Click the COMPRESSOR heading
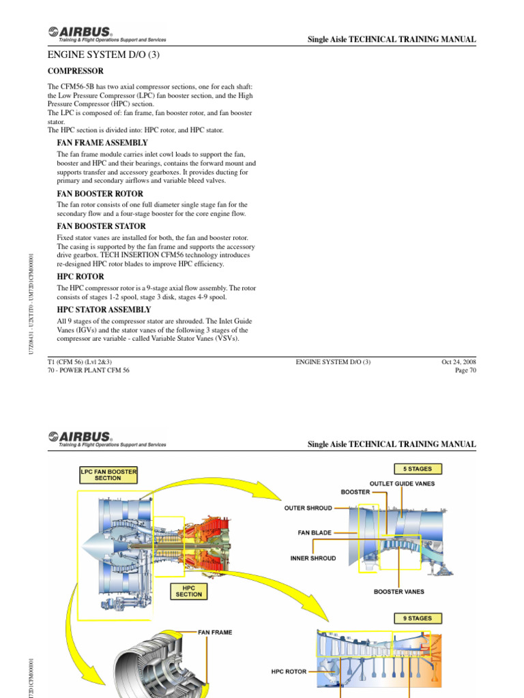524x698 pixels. coord(75,71)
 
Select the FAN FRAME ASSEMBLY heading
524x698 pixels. coord(102,142)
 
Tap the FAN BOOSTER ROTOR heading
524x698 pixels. coord(99,194)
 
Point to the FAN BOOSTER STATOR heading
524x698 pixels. coord(100,226)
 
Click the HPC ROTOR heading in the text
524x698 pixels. coord(80,277)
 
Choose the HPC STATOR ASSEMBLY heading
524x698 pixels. coord(103,309)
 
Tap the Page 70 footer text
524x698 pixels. coord(465,370)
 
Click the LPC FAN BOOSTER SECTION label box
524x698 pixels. coord(108,474)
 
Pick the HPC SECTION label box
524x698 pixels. coord(189,591)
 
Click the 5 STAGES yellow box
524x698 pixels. coord(417,469)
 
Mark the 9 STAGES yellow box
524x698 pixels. coord(417,618)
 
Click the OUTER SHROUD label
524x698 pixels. coord(308,508)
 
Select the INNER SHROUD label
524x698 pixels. coord(313,558)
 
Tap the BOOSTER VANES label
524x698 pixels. coord(399,592)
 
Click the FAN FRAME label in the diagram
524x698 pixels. coord(215,632)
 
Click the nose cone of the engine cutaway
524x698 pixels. coord(91,543)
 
